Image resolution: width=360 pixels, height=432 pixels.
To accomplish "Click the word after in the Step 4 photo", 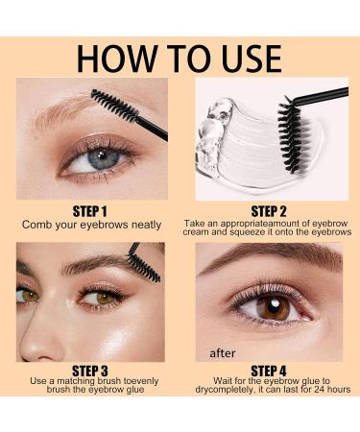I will [x=224, y=352].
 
